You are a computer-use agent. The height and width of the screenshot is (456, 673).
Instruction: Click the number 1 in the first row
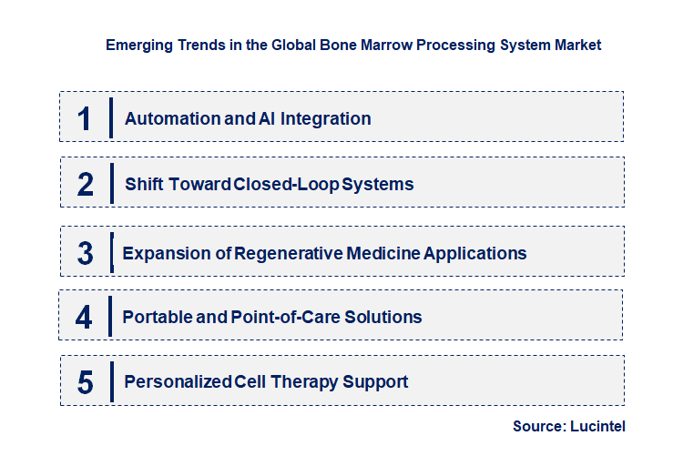[85, 118]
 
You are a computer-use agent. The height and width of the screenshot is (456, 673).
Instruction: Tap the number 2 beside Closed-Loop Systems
[86, 184]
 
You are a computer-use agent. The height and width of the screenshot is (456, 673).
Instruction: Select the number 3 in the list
[85, 253]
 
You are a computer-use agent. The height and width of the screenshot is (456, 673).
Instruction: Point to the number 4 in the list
[84, 317]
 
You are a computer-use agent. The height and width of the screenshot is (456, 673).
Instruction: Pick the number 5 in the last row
[86, 382]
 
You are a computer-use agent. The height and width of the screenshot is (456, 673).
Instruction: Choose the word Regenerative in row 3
[289, 253]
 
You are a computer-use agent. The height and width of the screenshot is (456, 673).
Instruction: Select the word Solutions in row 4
[384, 317]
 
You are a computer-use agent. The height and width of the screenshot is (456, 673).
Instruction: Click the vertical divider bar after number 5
[111, 380]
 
